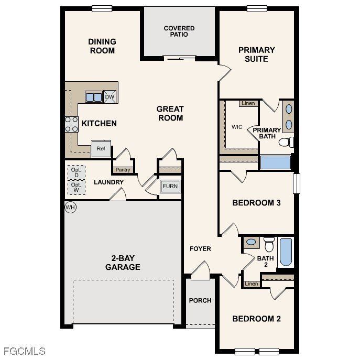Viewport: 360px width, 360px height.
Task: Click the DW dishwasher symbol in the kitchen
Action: pyautogui.click(x=110, y=97)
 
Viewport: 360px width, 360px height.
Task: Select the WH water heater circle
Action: pyautogui.click(x=70, y=208)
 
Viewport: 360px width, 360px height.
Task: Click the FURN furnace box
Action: pyautogui.click(x=170, y=187)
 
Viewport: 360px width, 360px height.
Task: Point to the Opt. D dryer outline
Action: pyautogui.click(x=76, y=172)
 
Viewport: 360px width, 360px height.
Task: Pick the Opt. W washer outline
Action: pyautogui.click(x=76, y=187)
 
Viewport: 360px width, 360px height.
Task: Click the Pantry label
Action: pyautogui.click(x=123, y=170)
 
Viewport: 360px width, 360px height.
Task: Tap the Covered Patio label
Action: pyautogui.click(x=179, y=31)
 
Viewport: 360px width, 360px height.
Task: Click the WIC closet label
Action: pyautogui.click(x=237, y=127)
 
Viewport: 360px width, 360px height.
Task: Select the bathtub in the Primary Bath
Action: pyautogui.click(x=275, y=162)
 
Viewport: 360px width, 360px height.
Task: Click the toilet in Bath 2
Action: pyautogui.click(x=269, y=244)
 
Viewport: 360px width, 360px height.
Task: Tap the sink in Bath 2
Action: pyautogui.click(x=251, y=242)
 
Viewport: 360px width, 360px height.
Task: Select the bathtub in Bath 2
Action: pyautogui.click(x=286, y=252)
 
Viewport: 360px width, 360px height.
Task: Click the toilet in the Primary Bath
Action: pyautogui.click(x=286, y=142)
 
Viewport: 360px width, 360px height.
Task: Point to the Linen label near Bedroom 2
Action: pyautogui.click(x=252, y=284)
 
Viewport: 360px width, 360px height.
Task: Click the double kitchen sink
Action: pyautogui.click(x=94, y=97)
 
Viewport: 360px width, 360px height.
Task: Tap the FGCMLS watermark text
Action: pyautogui.click(x=24, y=351)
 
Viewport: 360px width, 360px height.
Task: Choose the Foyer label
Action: pyautogui.click(x=200, y=248)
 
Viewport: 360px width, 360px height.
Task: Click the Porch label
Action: pyautogui.click(x=200, y=300)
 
